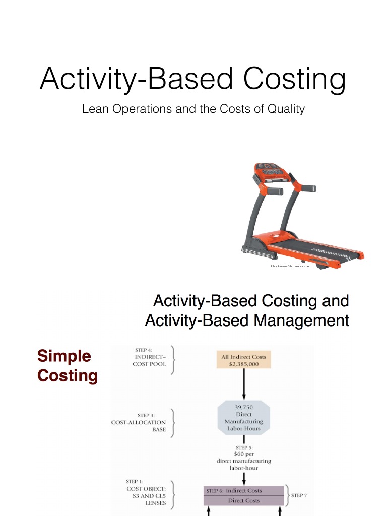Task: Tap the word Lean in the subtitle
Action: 92,109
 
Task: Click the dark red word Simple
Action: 64,356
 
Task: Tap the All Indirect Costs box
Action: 243,360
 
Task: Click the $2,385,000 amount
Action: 243,364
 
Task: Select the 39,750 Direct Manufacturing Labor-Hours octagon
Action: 243,418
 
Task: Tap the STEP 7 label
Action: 299,495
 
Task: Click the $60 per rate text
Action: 243,454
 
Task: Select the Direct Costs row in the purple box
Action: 243,500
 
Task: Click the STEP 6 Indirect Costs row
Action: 243,490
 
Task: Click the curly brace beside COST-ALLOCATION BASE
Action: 173,422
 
